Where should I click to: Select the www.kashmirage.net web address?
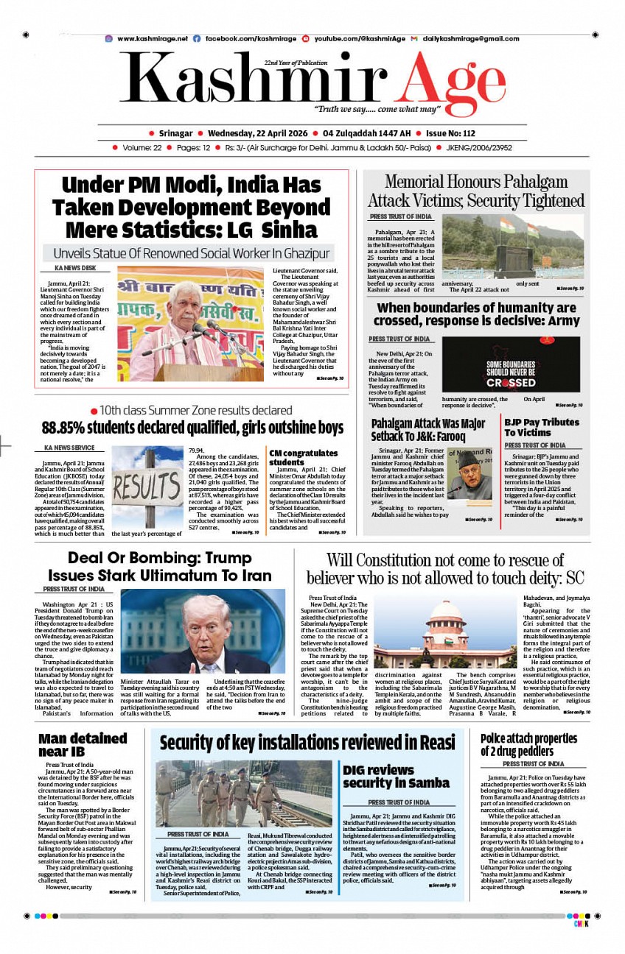click(x=152, y=38)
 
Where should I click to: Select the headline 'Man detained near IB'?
click(x=83, y=744)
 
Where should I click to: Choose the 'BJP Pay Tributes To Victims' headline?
click(x=542, y=427)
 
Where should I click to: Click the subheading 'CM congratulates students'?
click(x=304, y=457)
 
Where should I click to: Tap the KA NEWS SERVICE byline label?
click(x=69, y=448)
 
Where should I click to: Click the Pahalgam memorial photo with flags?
click(x=512, y=246)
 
